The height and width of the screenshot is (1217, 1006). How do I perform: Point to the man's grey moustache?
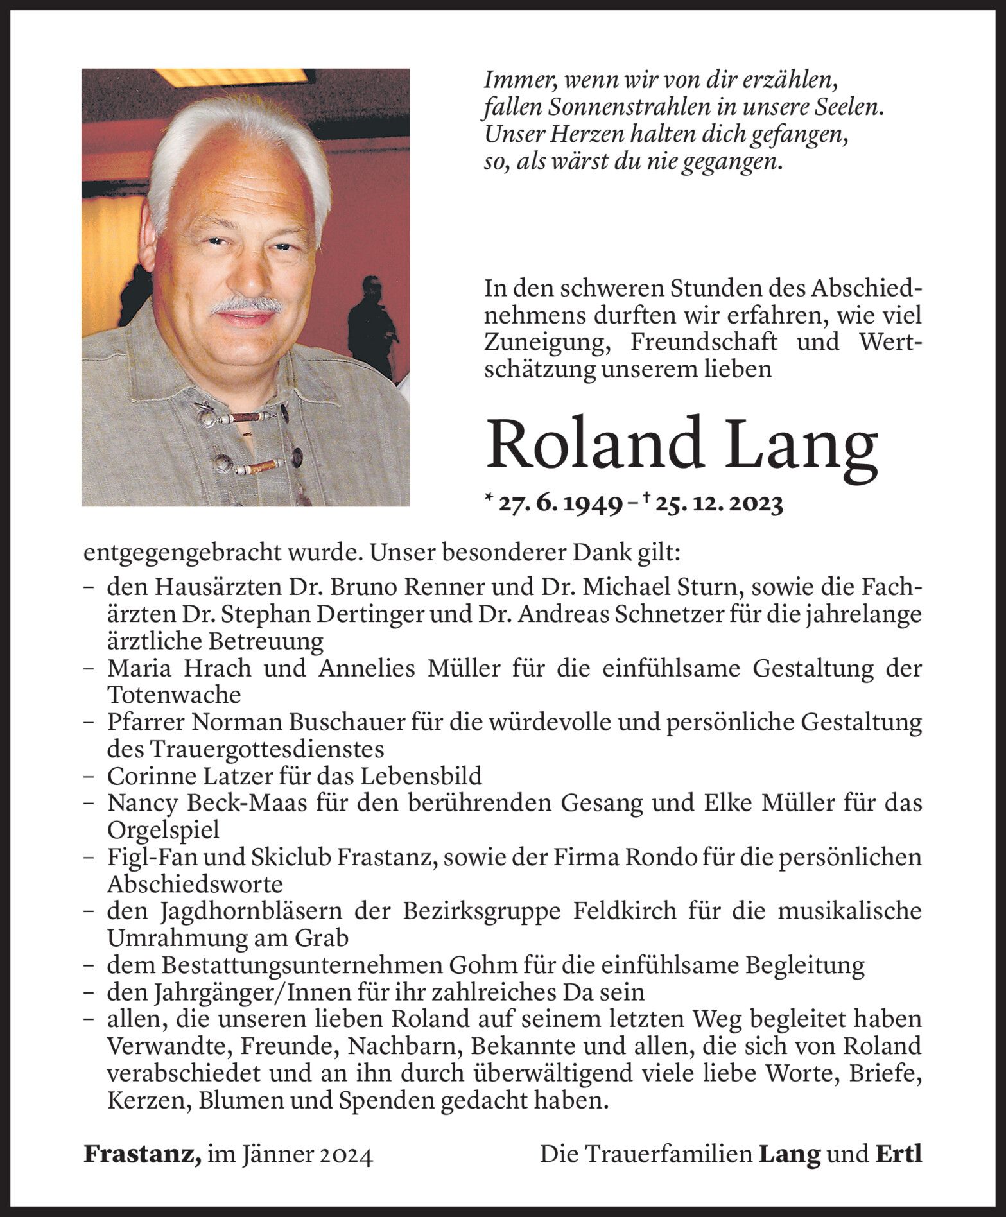[247, 305]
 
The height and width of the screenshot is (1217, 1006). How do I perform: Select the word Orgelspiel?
[163, 831]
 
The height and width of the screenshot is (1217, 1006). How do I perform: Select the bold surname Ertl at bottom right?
[899, 1154]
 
